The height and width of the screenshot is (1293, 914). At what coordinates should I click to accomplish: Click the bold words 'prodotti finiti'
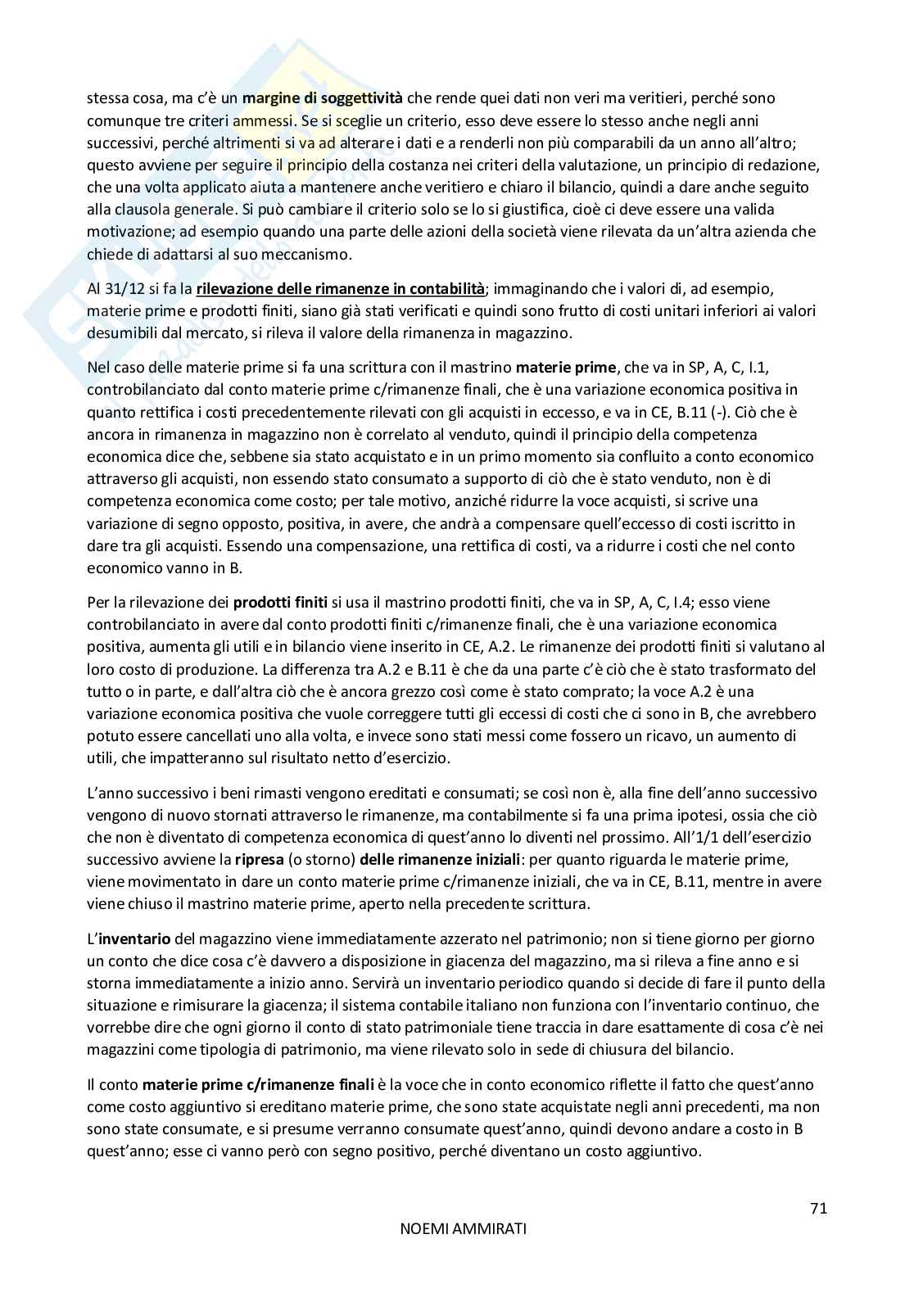(x=280, y=603)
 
